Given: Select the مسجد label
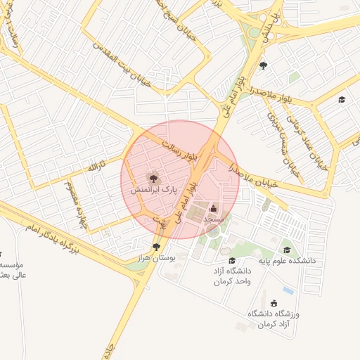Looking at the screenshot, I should [213, 219].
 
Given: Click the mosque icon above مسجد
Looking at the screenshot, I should [214, 208].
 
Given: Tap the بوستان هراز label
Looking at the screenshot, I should [155, 259].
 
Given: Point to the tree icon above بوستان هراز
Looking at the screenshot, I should [155, 247].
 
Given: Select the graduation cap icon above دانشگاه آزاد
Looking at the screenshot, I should [232, 261].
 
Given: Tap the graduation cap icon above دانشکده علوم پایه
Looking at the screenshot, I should [286, 250].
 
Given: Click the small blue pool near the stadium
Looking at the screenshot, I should [288, 290].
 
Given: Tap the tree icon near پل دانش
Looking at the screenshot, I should [263, 66].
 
